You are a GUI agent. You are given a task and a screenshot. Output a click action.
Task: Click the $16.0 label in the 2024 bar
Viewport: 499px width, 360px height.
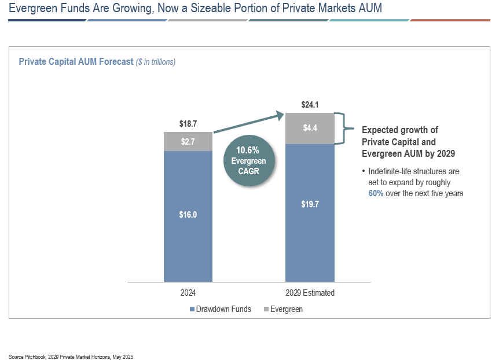[x=188, y=215]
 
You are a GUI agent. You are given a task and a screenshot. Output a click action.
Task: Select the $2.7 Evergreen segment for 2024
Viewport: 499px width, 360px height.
[x=188, y=141]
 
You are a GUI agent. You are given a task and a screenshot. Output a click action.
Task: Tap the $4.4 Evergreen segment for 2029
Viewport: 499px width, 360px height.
[x=310, y=128]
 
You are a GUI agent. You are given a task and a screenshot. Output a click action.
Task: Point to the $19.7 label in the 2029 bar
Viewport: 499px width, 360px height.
[x=310, y=204]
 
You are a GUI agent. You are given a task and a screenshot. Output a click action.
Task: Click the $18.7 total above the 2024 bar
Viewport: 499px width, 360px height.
[x=188, y=124]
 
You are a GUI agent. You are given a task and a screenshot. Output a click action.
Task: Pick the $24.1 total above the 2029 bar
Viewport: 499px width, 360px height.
[x=310, y=105]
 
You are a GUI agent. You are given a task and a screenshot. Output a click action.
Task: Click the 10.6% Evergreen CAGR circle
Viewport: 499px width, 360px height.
[x=248, y=161]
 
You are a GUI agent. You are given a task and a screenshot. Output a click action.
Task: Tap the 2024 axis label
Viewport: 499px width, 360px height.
[x=188, y=293]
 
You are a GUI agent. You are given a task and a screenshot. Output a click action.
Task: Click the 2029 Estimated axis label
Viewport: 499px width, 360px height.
[x=310, y=293]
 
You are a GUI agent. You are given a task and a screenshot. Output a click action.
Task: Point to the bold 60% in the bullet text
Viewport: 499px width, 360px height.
[x=376, y=193]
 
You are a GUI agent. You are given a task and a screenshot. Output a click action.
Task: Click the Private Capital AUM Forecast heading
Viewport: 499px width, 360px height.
[x=76, y=62]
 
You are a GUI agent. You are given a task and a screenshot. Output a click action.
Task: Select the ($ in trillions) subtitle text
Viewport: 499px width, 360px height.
[x=156, y=62]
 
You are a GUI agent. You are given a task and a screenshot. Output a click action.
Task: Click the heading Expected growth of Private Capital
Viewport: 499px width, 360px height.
[x=400, y=136]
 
